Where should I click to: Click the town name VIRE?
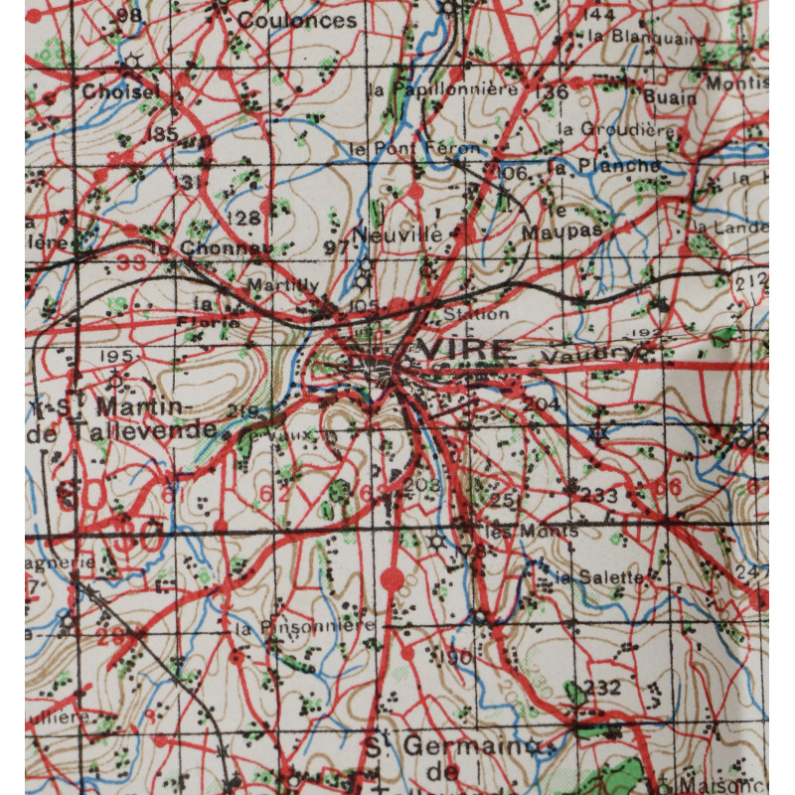pos(467,349)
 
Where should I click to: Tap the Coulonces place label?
pos(297,20)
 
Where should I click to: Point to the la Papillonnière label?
pos(443,88)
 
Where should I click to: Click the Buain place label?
pos(664,96)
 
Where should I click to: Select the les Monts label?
pos(533,531)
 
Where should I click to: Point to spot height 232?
pos(602,687)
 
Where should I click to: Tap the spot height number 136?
pos(555,91)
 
